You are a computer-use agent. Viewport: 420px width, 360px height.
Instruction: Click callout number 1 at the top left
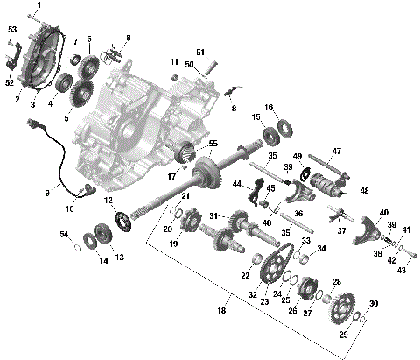point(38,5)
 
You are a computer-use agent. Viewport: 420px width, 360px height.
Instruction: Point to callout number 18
point(221,310)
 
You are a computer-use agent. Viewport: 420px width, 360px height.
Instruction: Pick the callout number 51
point(199,51)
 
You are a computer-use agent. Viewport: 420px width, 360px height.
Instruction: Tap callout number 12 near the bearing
point(109,200)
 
